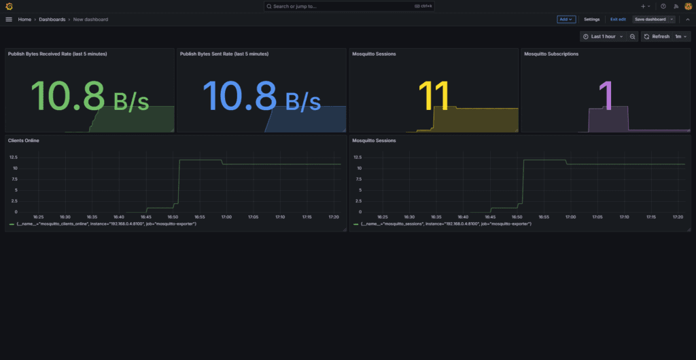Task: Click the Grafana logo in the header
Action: pyautogui.click(x=9, y=6)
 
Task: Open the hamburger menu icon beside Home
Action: pyautogui.click(x=9, y=20)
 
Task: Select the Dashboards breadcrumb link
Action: pyautogui.click(x=52, y=20)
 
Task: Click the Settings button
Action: pyautogui.click(x=591, y=20)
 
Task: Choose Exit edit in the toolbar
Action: pyautogui.click(x=618, y=20)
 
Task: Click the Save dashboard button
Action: pyautogui.click(x=650, y=20)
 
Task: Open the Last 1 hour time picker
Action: pyautogui.click(x=603, y=37)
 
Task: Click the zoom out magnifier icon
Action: pyautogui.click(x=633, y=37)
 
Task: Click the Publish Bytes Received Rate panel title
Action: pyautogui.click(x=57, y=54)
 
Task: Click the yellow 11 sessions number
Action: pyautogui.click(x=434, y=96)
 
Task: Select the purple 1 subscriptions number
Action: pyautogui.click(x=605, y=96)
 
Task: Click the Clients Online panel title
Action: pyautogui.click(x=24, y=141)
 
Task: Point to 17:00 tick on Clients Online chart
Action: pyautogui.click(x=226, y=217)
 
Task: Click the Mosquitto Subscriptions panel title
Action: pyautogui.click(x=551, y=54)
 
